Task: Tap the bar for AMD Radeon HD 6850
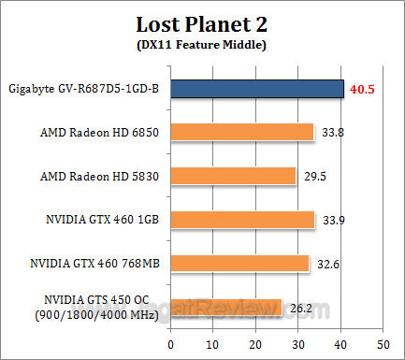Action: point(243,132)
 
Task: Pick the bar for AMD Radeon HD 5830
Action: point(234,176)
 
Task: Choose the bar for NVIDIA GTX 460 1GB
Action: point(243,220)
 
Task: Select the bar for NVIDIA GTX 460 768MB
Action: point(240,263)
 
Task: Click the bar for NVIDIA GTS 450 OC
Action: point(227,307)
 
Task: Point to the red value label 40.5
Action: point(363,89)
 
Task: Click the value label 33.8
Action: point(333,133)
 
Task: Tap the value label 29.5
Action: point(315,176)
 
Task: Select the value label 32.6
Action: point(328,264)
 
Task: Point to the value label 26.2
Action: point(301,307)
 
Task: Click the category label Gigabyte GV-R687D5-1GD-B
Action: point(85,89)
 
